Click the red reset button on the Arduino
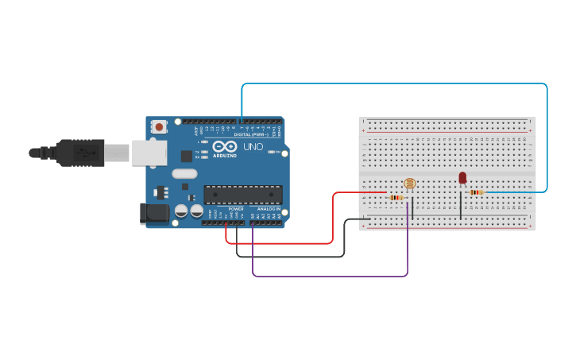[160, 126]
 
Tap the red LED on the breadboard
[462, 178]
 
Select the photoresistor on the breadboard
[409, 184]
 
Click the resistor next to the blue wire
[477, 192]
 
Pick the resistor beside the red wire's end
[396, 197]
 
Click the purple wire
[330, 277]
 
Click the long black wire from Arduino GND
[290, 257]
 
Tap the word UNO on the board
[253, 147]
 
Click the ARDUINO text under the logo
[225, 156]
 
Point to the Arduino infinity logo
[225, 147]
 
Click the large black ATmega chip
[243, 195]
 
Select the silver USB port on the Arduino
[149, 153]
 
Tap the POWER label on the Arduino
[236, 209]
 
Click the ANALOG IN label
[268, 209]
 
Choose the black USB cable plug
[80, 153]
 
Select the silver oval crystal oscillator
[184, 173]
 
